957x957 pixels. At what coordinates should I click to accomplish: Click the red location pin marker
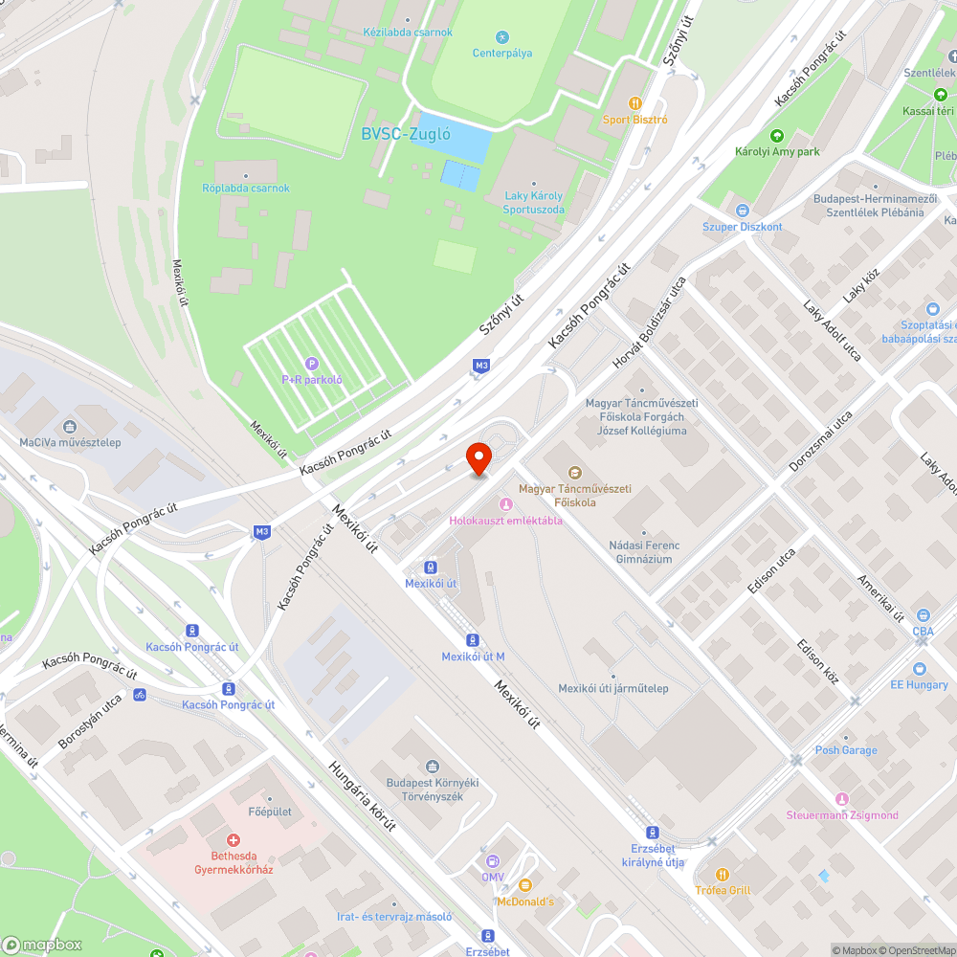(x=478, y=457)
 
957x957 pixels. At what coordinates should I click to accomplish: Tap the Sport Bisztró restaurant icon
(x=634, y=103)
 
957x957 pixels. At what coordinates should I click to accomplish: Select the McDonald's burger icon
(x=524, y=885)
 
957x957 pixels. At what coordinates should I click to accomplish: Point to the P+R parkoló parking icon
(x=311, y=364)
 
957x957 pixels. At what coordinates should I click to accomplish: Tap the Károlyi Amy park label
(x=777, y=151)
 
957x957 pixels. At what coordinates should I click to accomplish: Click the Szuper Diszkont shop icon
(x=742, y=211)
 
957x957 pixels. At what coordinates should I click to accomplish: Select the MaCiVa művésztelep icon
(x=70, y=427)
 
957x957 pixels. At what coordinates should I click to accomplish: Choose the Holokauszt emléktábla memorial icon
(x=505, y=504)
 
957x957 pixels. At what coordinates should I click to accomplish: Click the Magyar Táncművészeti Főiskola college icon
(x=574, y=473)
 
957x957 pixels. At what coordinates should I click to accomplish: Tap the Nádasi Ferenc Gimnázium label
(x=644, y=552)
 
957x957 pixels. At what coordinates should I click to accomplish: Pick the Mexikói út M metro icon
(x=473, y=639)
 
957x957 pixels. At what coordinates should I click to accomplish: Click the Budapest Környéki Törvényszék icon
(x=432, y=767)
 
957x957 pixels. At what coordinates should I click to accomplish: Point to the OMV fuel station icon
(x=493, y=860)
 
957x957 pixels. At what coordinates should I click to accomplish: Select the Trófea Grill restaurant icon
(x=723, y=874)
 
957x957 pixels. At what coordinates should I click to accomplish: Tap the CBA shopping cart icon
(x=923, y=615)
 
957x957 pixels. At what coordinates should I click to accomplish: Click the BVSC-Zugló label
(x=406, y=134)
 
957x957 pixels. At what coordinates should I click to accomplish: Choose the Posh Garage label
(x=846, y=750)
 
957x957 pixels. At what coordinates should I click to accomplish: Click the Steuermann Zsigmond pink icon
(x=842, y=799)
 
